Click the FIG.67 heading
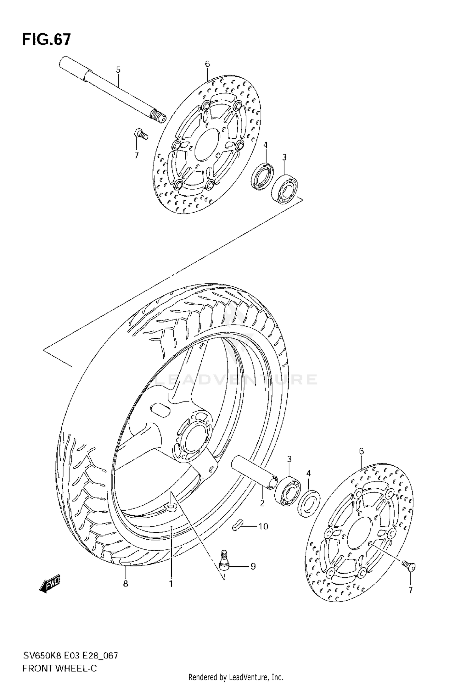pyautogui.click(x=47, y=40)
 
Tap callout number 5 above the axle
pyautogui.click(x=118, y=70)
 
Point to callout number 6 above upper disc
pyautogui.click(x=207, y=64)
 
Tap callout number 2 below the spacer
pyautogui.click(x=262, y=503)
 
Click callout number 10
pyautogui.click(x=263, y=526)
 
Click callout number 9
pyautogui.click(x=253, y=566)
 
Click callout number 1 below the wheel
pyautogui.click(x=171, y=584)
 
